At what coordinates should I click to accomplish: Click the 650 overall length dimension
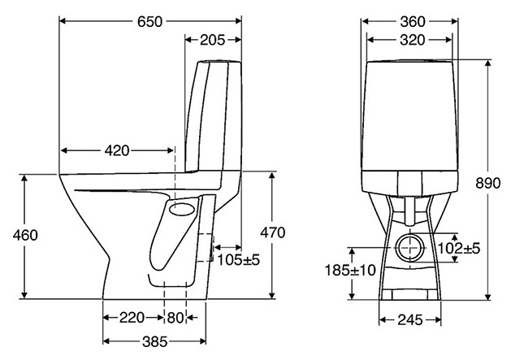click(149, 21)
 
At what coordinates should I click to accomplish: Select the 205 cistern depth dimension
click(213, 40)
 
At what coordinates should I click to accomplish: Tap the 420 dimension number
click(117, 150)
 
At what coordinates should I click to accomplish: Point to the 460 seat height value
click(25, 235)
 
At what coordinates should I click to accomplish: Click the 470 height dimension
click(272, 232)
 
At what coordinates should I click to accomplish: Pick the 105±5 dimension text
click(239, 260)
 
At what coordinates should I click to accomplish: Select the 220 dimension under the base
click(132, 318)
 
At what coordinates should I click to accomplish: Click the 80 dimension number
click(175, 318)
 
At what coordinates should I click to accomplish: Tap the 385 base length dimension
click(155, 341)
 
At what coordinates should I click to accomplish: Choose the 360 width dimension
click(413, 21)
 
